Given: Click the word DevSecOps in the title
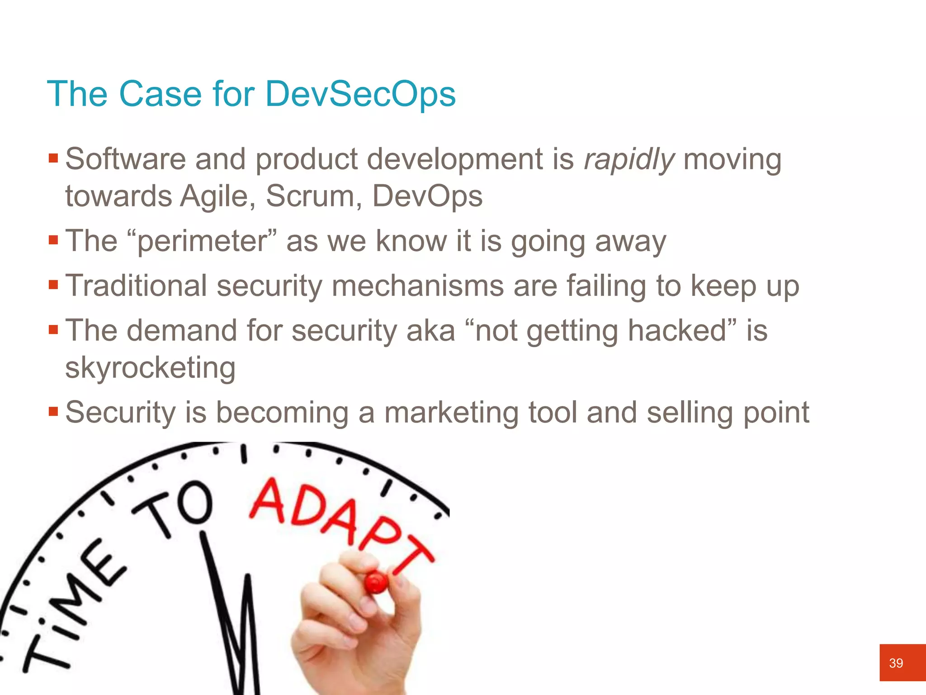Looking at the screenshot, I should point(360,94).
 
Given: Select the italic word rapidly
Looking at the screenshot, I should point(629,160).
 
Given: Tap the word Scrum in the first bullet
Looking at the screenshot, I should point(313,196).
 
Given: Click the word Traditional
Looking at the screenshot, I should point(136,286).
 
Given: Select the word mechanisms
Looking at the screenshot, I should point(417,286).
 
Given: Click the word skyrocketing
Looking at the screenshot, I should point(150,367).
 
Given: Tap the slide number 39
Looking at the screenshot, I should point(896,663).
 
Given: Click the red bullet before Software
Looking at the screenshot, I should point(53,158).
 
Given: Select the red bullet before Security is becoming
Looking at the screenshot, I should point(53,412).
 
